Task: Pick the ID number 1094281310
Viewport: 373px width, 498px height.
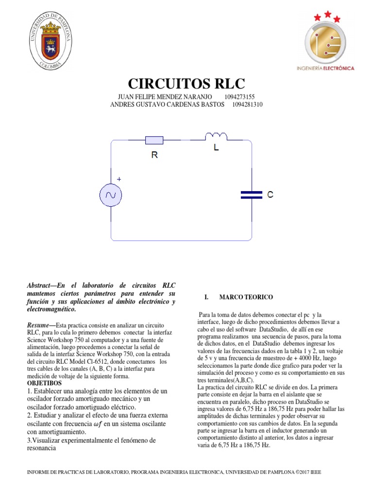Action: tap(247, 104)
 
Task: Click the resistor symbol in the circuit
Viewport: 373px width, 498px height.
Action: tap(154, 141)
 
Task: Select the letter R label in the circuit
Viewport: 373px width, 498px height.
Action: tap(155, 155)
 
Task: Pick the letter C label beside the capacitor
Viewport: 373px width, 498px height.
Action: tap(270, 195)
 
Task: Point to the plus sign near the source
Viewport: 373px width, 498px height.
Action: tap(119, 179)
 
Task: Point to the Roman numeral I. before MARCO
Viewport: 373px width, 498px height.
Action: tap(207, 297)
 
